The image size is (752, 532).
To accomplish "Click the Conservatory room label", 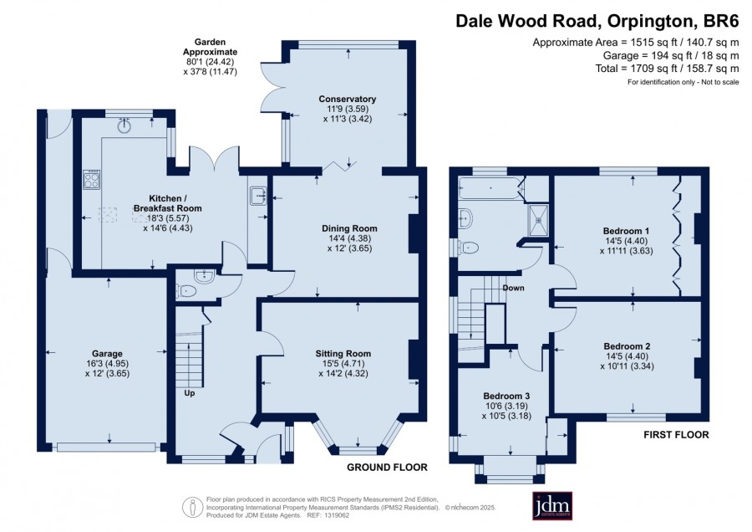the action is (348, 99).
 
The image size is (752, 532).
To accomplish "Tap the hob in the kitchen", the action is (92, 180).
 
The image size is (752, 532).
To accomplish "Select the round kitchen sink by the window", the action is (125, 125).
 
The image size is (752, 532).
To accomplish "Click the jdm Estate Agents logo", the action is (552, 505).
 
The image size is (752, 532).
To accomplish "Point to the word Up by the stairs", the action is (190, 393).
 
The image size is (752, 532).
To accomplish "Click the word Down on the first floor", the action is (513, 288).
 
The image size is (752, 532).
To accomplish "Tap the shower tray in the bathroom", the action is (539, 220).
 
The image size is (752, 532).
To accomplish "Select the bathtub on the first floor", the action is (489, 187).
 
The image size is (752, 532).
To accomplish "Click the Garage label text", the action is (108, 354).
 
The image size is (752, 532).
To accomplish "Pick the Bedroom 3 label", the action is (506, 396).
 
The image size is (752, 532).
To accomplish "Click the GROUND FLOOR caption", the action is (387, 468).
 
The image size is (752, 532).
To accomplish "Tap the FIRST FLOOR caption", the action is (676, 435).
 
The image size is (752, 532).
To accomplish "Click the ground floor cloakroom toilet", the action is (186, 291).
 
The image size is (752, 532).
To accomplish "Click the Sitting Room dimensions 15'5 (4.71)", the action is (343, 364).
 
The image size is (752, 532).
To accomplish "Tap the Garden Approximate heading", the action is (210, 47).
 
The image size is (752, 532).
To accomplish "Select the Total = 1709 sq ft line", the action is (667, 69).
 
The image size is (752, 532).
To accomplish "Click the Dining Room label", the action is (349, 228).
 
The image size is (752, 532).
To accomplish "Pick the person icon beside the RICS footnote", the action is (192, 508).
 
